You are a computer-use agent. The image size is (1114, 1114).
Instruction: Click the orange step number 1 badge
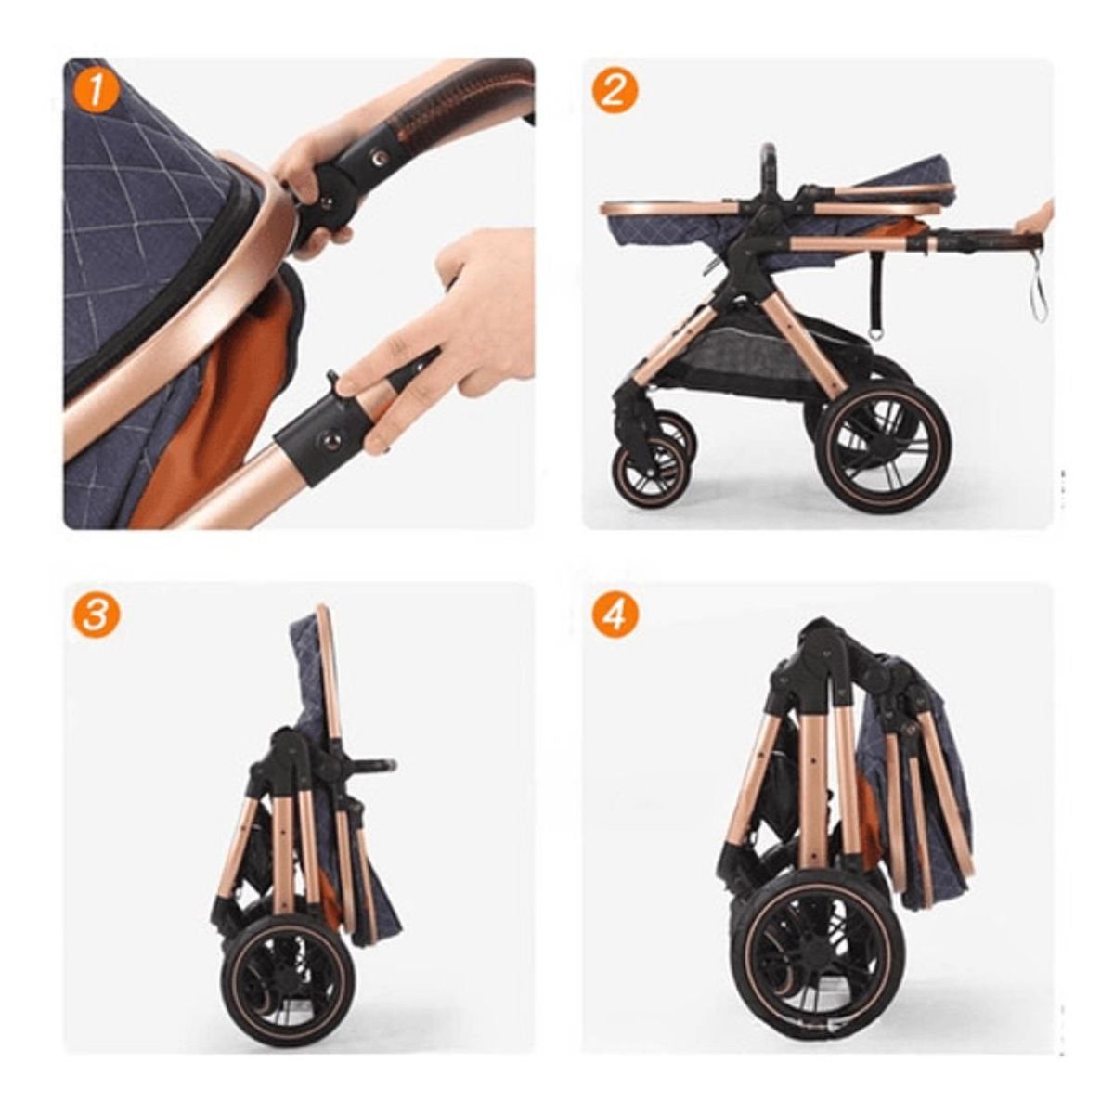(x=97, y=93)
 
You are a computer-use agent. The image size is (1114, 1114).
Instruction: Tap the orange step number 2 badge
(x=615, y=93)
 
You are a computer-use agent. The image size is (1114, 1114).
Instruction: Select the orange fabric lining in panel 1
(x=232, y=390)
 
